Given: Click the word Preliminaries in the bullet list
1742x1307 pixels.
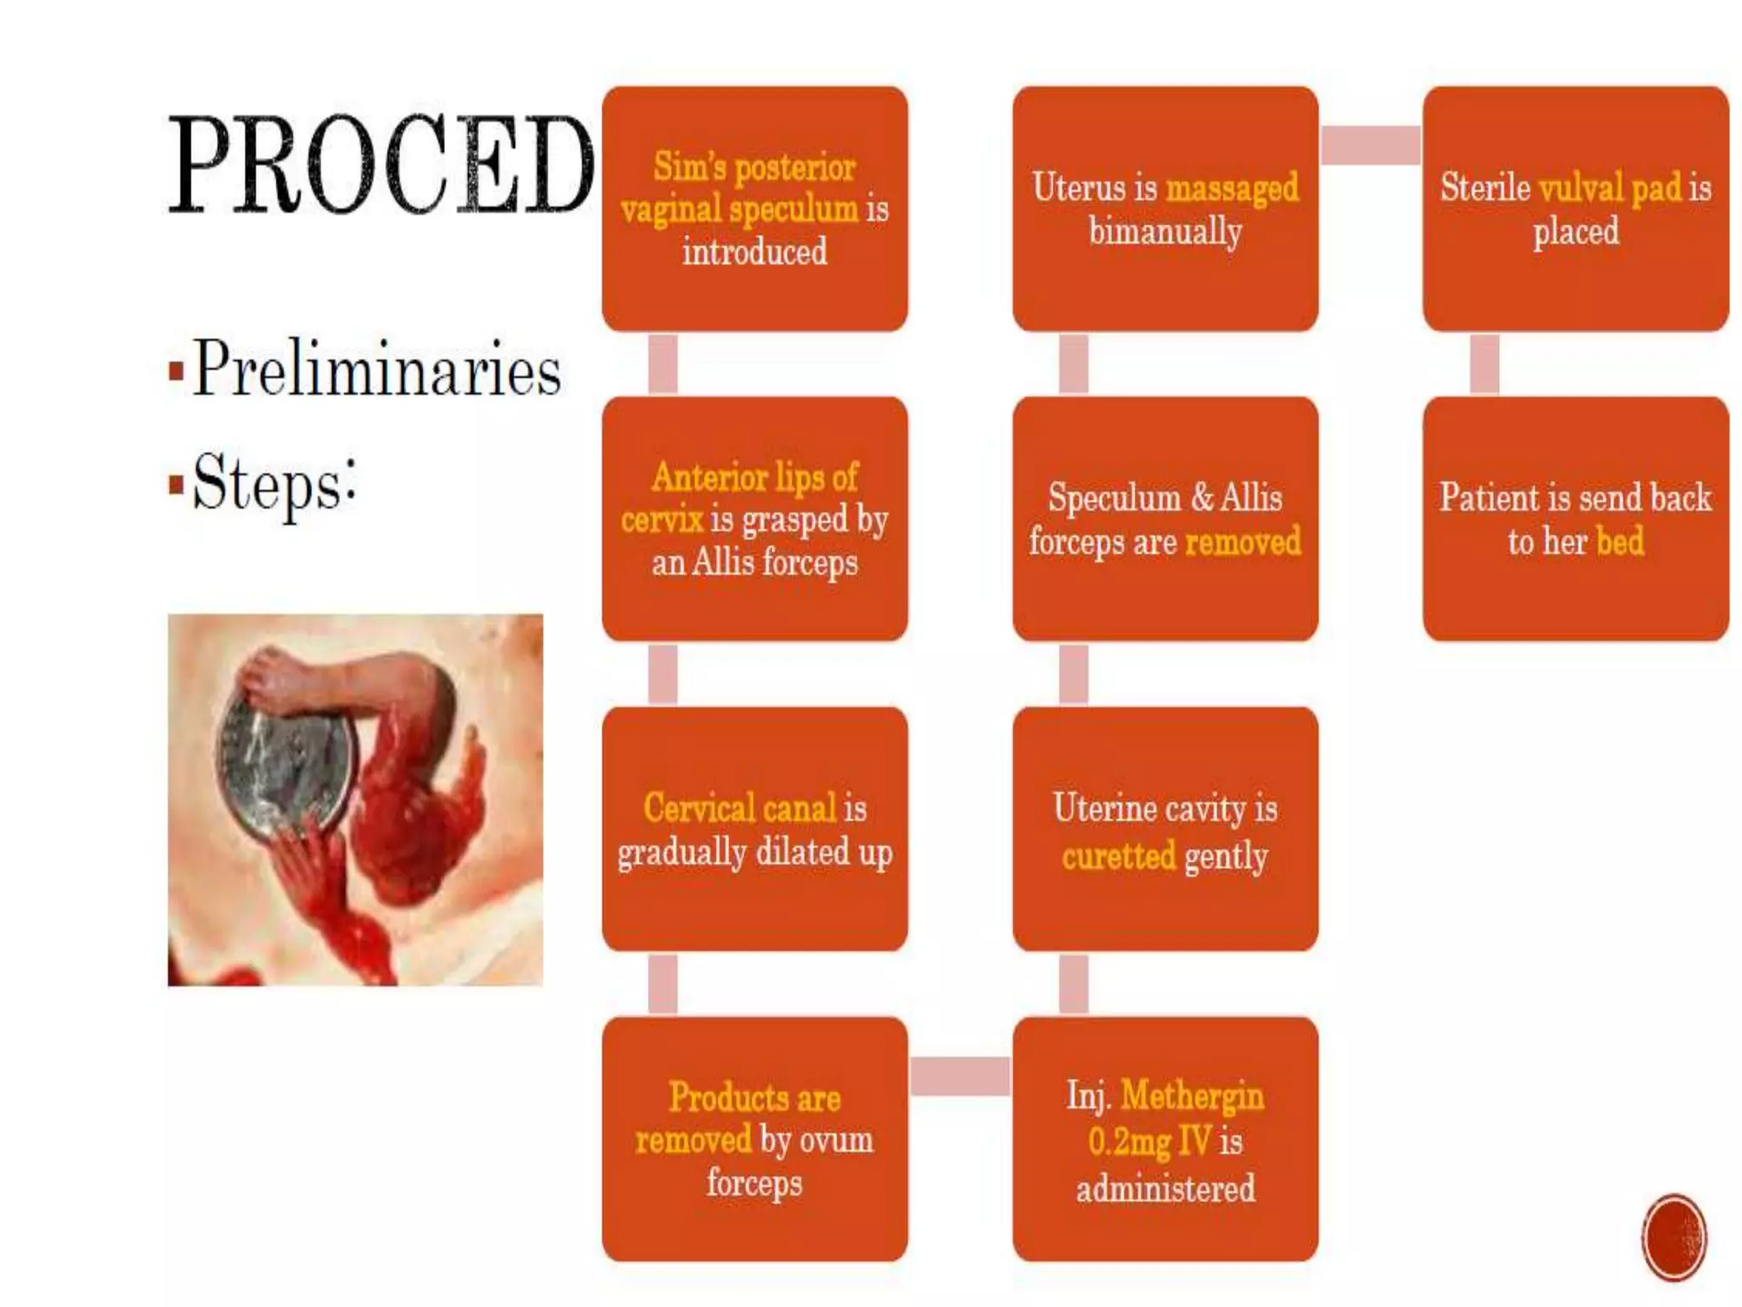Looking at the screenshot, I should pos(377,369).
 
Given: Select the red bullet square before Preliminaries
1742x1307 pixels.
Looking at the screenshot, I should pos(176,371).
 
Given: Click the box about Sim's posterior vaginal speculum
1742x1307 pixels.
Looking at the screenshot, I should pos(754,208).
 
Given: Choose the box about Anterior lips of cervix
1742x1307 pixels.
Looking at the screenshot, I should pos(754,519).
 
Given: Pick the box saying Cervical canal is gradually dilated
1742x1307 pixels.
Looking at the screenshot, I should pos(754,829).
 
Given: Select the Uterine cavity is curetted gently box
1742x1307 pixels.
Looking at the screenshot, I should pos(1164,829).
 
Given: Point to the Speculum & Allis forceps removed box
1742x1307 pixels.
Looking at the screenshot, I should pos(1164,519).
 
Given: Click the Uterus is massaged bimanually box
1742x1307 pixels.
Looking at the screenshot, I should pos(1164,208).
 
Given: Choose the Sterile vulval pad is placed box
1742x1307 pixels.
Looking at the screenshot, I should pos(1575,208).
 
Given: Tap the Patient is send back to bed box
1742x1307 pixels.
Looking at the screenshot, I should pos(1575,519).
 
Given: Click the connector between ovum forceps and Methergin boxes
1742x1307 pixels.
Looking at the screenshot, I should pos(959,1076).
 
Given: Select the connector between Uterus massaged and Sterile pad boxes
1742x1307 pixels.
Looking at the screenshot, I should pos(1369,145).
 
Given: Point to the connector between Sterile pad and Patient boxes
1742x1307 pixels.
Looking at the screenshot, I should pos(1484,364).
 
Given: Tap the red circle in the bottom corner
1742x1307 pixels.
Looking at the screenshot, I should pos(1673,1237).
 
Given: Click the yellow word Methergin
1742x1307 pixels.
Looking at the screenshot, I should pos(1192,1096).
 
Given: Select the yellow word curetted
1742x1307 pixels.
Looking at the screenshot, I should pos(1119,856).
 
